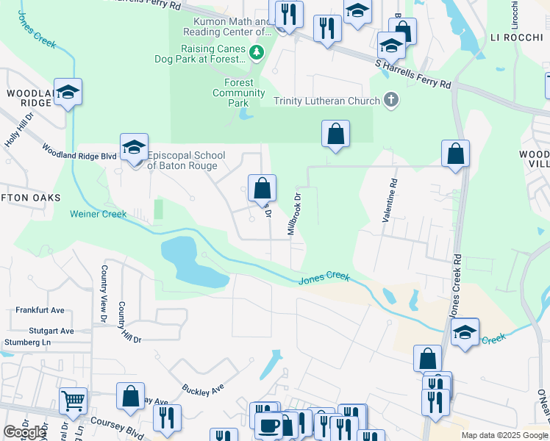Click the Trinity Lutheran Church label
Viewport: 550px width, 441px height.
tap(326, 101)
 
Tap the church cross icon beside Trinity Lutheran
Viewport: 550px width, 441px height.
tap(391, 101)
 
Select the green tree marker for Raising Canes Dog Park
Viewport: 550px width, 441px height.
tap(256, 52)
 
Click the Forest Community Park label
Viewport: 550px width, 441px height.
tap(238, 93)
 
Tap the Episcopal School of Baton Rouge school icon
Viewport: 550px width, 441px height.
tap(134, 149)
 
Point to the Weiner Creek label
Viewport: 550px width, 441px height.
tap(99, 215)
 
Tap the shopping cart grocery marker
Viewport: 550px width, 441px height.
tap(73, 401)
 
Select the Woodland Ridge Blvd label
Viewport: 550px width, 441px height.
tap(79, 156)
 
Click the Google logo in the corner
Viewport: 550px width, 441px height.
tap(24, 433)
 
